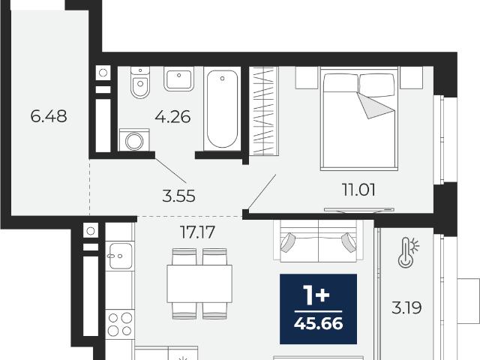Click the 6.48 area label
pos(49,116)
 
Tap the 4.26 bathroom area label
pos(172,117)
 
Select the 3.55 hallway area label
pos(178,196)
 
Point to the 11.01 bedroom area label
pos(358,190)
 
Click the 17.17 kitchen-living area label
pos(197,232)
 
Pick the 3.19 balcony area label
pos(406,307)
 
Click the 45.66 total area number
pos(318,323)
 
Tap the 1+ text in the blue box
pos(316,295)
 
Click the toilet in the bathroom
pos(140,82)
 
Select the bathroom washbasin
pos(179,79)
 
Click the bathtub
pos(222,109)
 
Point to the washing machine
pos(134,140)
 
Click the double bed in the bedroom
pos(359,118)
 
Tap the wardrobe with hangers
pos(263,111)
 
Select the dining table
pos(199,283)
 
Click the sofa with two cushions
pos(319,241)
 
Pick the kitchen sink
pos(119,256)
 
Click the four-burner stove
pos(120,324)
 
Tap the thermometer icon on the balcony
pos(408,253)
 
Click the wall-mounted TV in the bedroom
pos(359,210)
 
